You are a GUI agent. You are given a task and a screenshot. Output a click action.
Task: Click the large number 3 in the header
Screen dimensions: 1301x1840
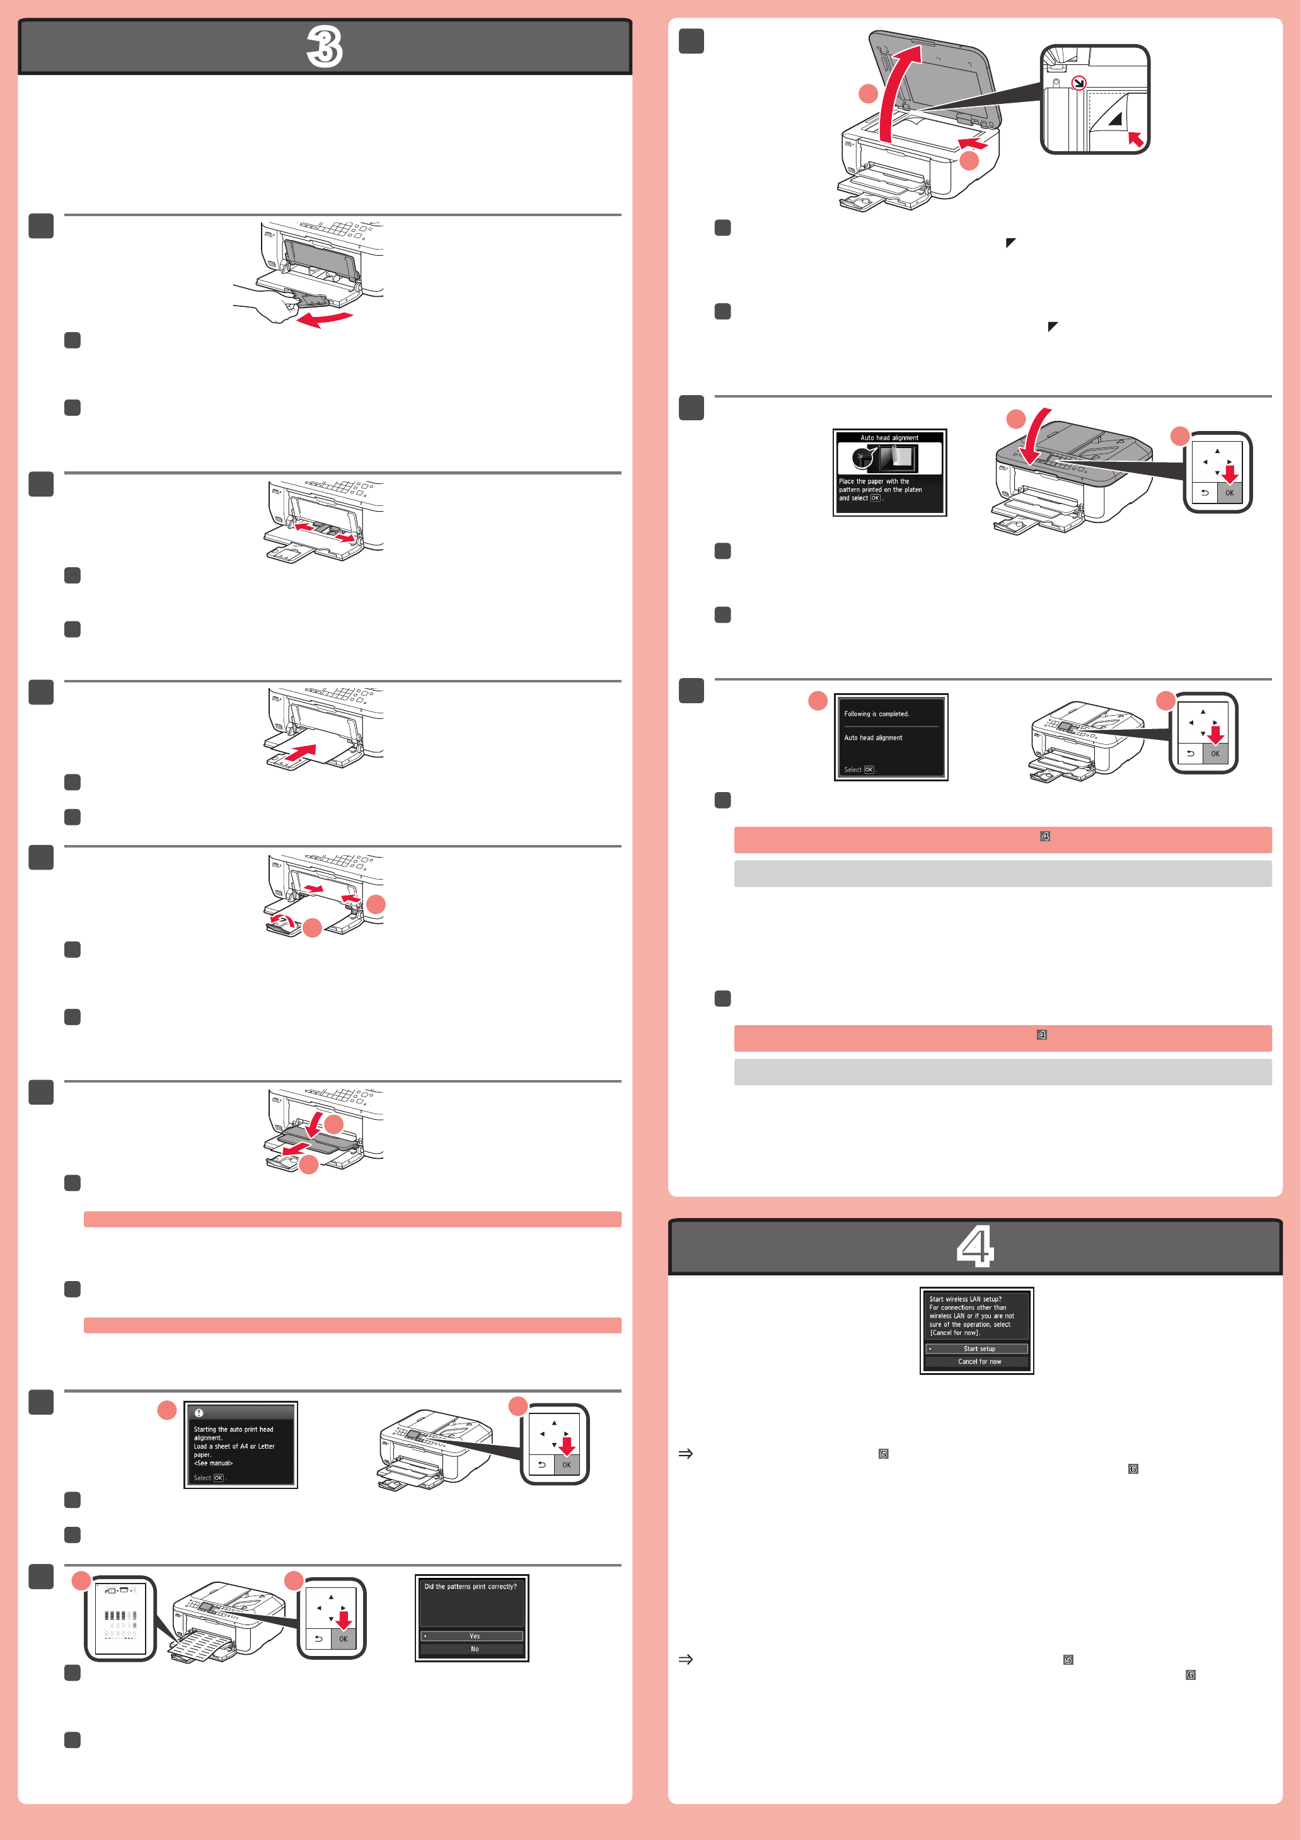coord(325,47)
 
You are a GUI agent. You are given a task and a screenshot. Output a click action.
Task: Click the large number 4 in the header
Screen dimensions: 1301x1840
coord(974,1246)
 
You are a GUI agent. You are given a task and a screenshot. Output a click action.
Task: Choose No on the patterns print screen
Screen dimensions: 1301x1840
coord(474,1648)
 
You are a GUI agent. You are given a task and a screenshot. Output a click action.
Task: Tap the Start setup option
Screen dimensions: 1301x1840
coord(977,1348)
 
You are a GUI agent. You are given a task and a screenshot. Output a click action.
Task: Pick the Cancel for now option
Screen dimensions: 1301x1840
coord(978,1362)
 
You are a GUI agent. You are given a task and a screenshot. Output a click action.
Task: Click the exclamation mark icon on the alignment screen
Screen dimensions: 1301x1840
coord(199,1413)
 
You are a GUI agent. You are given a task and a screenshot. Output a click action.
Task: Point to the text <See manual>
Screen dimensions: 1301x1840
coord(213,1463)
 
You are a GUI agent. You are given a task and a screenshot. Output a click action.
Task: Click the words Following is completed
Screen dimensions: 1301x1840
coord(876,714)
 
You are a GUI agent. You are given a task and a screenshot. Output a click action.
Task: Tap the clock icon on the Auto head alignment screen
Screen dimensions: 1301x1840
coord(862,458)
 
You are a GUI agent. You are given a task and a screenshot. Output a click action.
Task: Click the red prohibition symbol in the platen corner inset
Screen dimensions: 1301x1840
coord(1079,82)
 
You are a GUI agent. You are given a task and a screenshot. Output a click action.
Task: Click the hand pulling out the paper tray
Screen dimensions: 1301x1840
coord(265,306)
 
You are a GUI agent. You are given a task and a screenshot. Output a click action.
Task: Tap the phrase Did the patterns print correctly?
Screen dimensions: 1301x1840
coord(470,1587)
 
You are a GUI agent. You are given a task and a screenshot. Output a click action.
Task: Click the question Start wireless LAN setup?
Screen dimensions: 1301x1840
coord(965,1299)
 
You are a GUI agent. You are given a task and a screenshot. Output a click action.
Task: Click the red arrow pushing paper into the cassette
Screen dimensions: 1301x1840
coord(301,753)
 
